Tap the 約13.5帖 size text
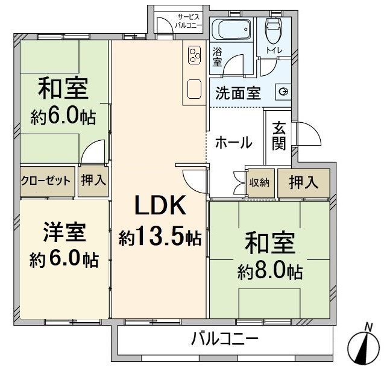[x=160, y=238]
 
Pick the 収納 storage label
[x=260, y=182]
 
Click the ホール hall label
[x=233, y=143]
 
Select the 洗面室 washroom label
[x=238, y=93]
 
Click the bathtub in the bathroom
[x=230, y=29]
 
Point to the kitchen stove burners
[x=195, y=55]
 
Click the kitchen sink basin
[x=195, y=89]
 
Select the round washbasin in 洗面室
[x=283, y=92]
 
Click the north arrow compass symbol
[x=365, y=343]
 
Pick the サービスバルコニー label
[x=189, y=20]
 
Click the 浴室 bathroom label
[x=217, y=57]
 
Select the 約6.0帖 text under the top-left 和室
[x=63, y=117]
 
